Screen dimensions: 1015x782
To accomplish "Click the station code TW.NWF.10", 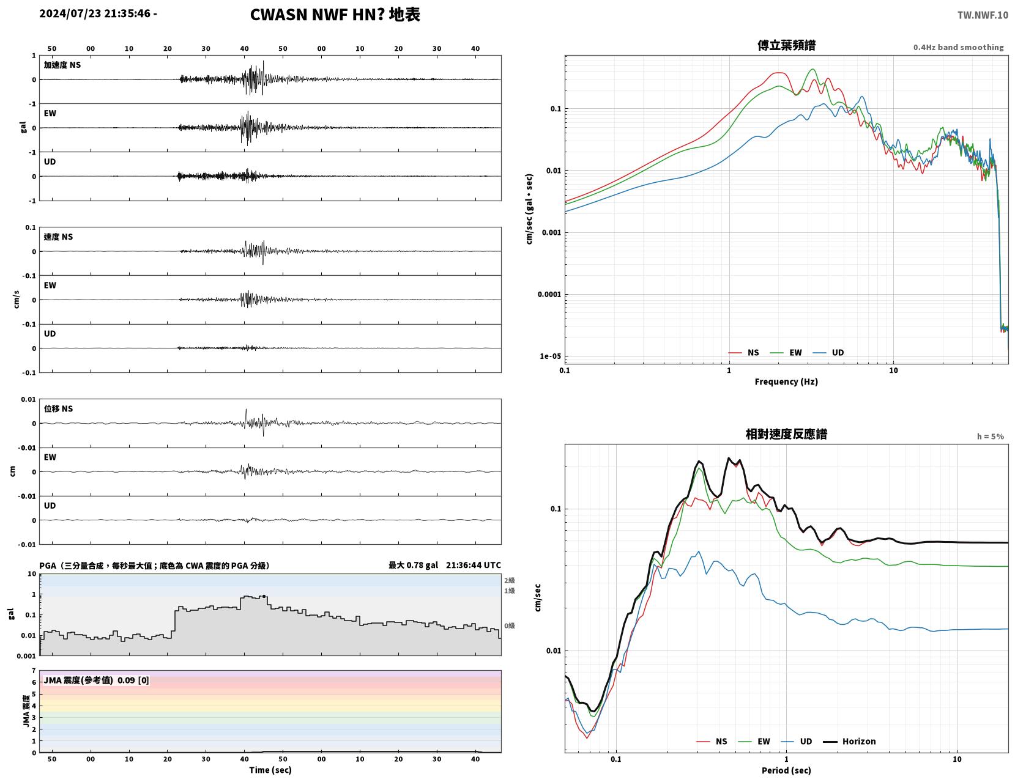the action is [983, 15].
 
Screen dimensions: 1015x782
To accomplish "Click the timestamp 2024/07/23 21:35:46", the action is [95, 13].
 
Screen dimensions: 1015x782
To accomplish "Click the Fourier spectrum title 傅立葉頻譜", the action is [786, 45].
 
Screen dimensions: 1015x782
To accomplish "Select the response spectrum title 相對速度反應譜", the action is [786, 434].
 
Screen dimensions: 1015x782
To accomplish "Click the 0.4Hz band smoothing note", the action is [958, 47].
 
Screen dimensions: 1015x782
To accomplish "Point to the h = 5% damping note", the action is [991, 437].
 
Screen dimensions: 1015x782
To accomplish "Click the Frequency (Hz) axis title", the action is [786, 382].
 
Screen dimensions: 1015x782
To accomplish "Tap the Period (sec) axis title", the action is [786, 770].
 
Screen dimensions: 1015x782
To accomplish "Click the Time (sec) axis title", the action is [270, 770].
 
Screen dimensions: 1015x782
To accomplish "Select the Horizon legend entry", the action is [849, 742].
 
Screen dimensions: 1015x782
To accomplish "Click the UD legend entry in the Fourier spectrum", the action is [828, 353].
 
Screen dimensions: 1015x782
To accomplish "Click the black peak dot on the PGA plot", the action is [264, 596].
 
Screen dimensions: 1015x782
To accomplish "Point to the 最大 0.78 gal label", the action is [414, 565].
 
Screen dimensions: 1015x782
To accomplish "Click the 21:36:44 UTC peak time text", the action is [473, 565].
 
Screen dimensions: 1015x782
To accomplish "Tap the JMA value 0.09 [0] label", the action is [133, 681].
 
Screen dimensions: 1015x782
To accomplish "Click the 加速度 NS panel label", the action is [62, 65].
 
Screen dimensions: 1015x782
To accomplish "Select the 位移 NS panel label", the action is [58, 408].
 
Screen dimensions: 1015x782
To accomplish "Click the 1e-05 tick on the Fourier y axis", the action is [550, 356].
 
